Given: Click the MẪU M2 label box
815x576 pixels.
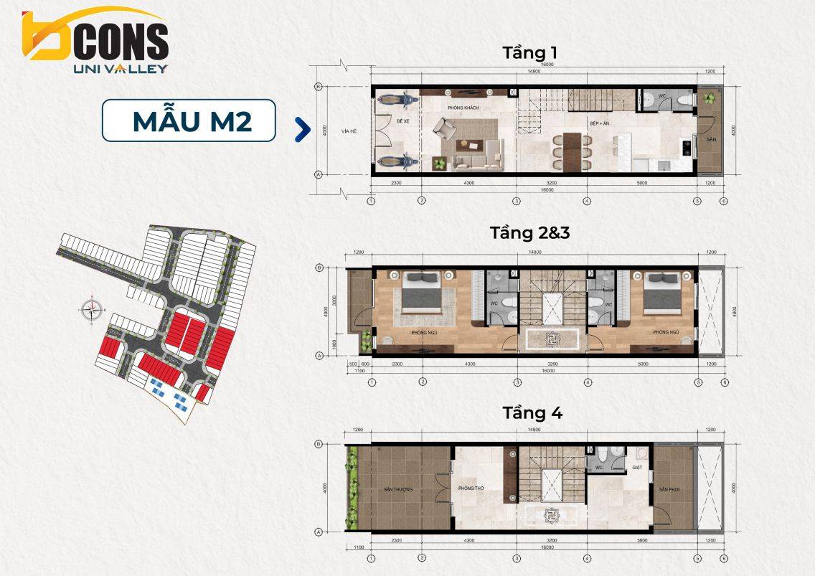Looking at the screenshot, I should pos(189,121).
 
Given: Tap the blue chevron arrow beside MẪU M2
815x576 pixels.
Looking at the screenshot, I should pos(303,129).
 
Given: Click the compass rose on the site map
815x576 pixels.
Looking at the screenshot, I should pos(92,311).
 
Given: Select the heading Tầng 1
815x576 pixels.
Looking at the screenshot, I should pos(530,53).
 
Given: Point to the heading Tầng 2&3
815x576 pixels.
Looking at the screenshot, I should pos(529,233).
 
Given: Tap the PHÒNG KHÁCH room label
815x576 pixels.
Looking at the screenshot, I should pos(462,108).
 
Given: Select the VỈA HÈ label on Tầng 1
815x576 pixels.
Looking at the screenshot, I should pos(349,131).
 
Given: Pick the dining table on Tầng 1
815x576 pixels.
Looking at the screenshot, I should pos(572,148).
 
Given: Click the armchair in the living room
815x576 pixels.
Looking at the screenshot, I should pos(443,130).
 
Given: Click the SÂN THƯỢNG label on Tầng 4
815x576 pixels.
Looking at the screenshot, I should pos(398,490).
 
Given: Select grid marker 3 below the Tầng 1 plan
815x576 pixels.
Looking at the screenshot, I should pos(516,201).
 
